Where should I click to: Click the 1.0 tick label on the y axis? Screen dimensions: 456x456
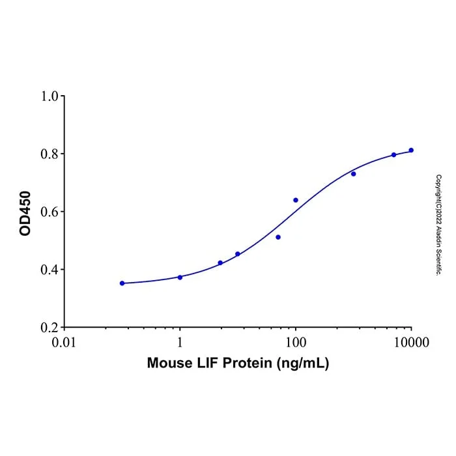pyautogui.click(x=50, y=96)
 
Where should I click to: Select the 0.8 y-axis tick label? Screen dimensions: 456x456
pyautogui.click(x=50, y=154)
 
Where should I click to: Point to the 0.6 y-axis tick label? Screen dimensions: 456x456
pyautogui.click(x=50, y=212)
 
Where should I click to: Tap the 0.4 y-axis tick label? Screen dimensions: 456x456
pyautogui.click(x=50, y=270)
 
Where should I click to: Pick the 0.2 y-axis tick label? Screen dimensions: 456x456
pyautogui.click(x=50, y=328)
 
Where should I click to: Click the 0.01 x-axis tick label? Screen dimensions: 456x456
pyautogui.click(x=64, y=342)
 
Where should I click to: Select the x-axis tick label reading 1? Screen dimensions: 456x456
pyautogui.click(x=180, y=342)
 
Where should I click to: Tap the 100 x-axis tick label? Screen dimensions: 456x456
pyautogui.click(x=296, y=342)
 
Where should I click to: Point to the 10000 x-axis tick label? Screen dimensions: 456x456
pyautogui.click(x=411, y=342)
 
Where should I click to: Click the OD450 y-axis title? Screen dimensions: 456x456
pyautogui.click(x=25, y=213)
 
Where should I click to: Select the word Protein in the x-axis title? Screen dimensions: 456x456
pyautogui.click(x=247, y=363)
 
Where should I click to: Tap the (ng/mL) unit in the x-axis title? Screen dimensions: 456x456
pyautogui.click(x=303, y=363)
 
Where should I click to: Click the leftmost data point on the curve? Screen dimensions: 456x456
pyautogui.click(x=122, y=283)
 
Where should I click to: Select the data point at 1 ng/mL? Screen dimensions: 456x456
pyautogui.click(x=180, y=278)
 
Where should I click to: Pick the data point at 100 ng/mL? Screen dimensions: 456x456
pyautogui.click(x=296, y=200)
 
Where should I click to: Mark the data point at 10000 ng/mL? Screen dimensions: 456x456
pyautogui.click(x=411, y=150)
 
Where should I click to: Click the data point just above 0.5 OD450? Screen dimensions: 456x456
pyautogui.click(x=278, y=237)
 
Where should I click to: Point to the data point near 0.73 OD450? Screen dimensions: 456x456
pyautogui.click(x=354, y=174)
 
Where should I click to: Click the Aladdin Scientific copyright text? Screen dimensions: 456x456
pyautogui.click(x=438, y=225)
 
